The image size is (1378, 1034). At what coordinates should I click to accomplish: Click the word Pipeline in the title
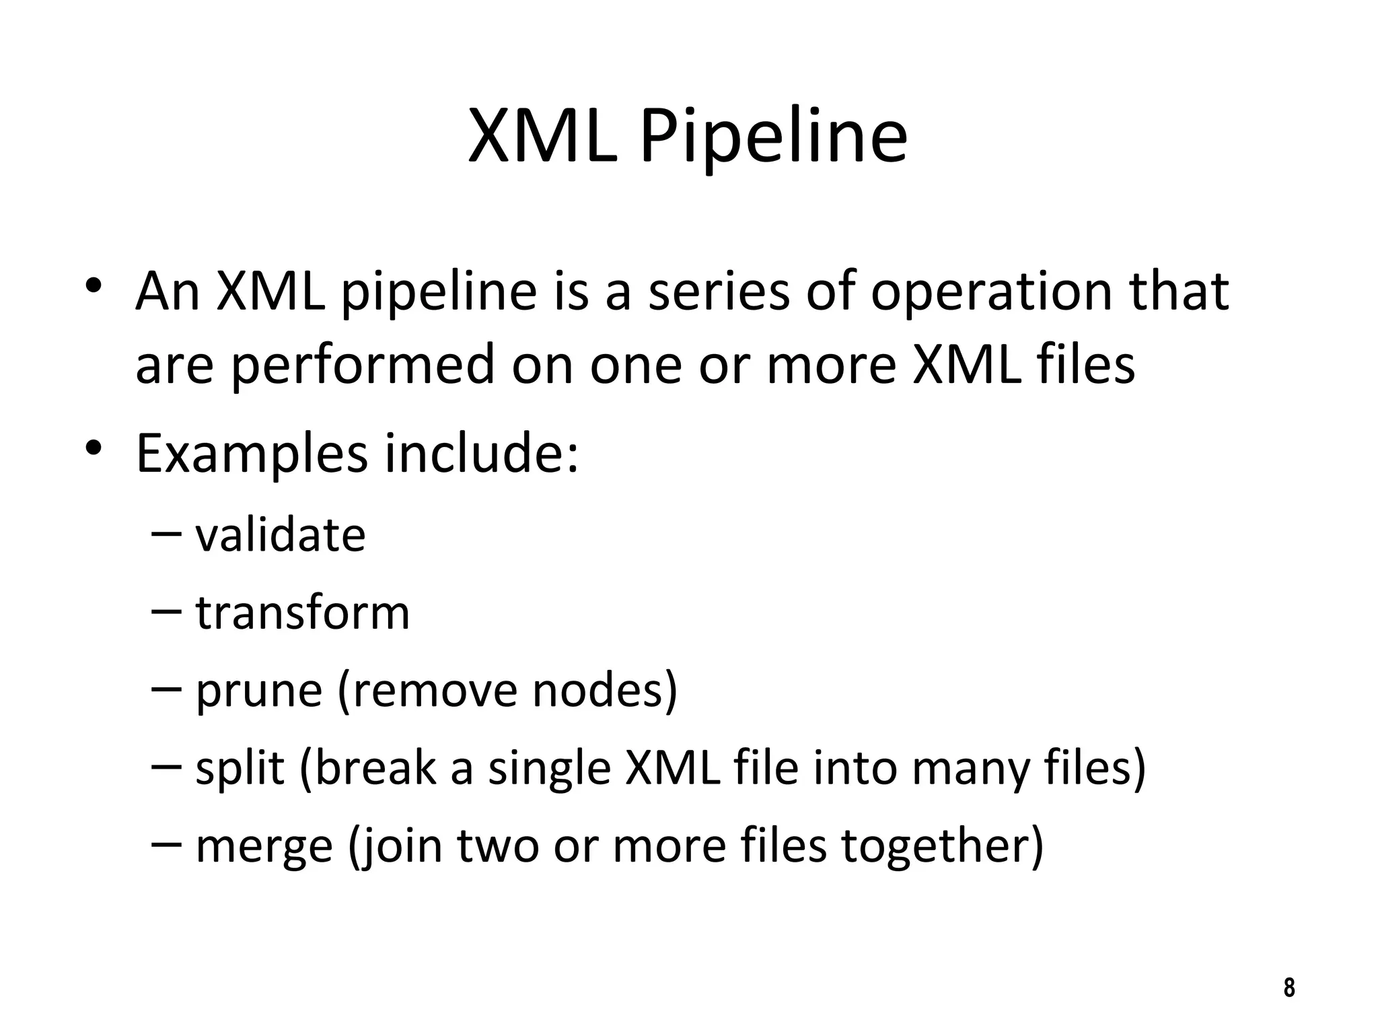(x=774, y=138)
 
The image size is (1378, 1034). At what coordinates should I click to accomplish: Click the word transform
(x=302, y=613)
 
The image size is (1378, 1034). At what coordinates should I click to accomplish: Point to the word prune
(x=258, y=692)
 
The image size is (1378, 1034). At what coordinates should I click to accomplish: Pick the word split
(x=240, y=768)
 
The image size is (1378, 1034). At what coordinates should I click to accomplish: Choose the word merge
(x=264, y=847)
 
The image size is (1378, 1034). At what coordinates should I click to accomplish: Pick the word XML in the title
(x=542, y=138)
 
